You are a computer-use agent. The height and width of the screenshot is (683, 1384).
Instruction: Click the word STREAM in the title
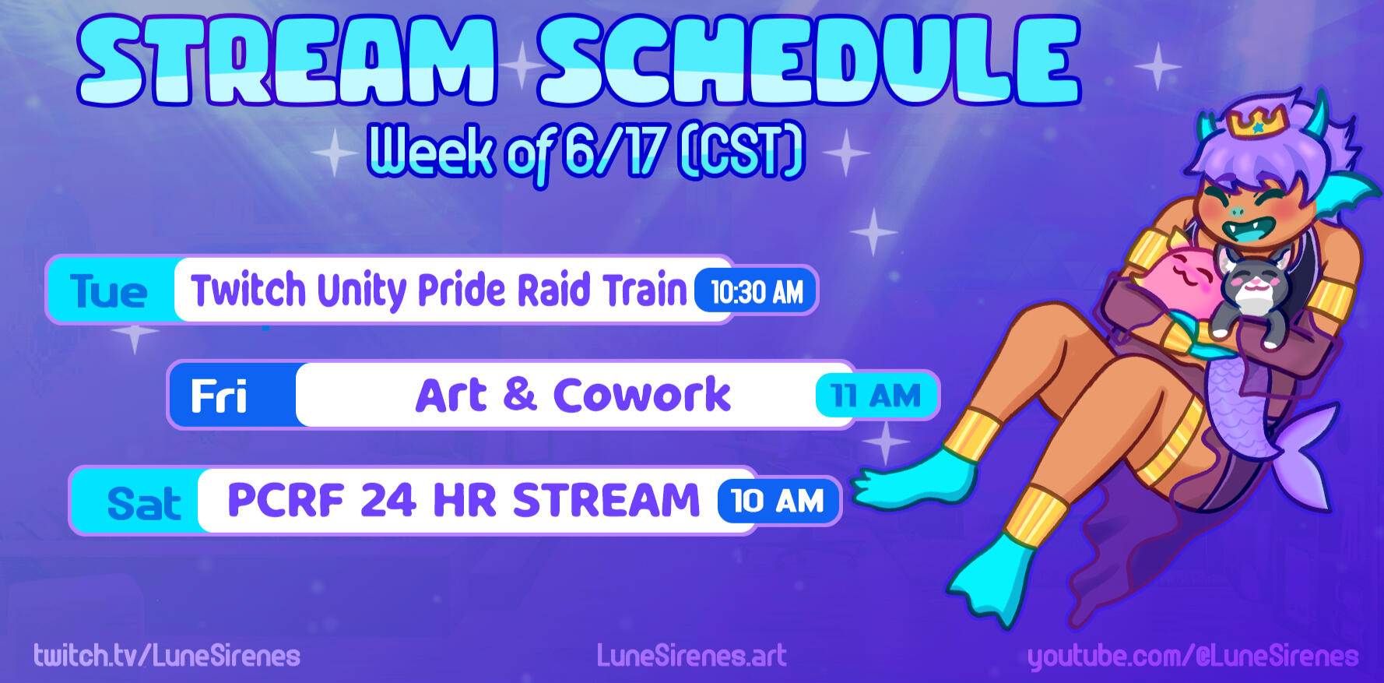point(287,61)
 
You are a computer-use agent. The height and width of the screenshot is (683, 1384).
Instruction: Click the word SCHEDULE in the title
point(810,61)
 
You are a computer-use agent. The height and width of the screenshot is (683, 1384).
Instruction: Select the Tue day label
point(108,291)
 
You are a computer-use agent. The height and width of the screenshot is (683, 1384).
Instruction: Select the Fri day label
point(219,396)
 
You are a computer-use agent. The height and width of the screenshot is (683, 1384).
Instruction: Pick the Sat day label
point(144,503)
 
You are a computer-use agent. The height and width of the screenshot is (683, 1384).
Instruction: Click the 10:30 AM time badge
point(755,292)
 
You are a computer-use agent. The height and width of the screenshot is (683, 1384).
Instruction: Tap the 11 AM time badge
point(876,396)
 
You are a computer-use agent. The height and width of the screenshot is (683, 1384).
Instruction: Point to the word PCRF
point(286,500)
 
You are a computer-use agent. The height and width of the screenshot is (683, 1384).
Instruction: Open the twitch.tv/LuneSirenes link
point(167,656)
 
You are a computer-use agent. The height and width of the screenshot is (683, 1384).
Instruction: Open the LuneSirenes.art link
point(691,656)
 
